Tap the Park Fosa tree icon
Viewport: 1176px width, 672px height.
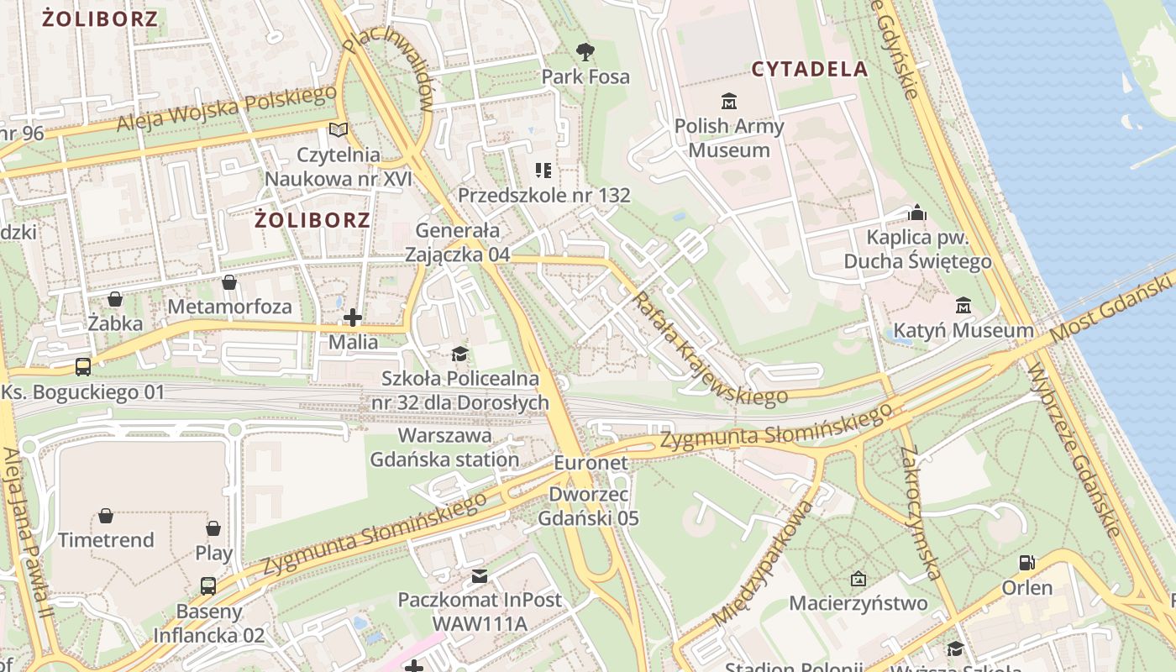(585, 52)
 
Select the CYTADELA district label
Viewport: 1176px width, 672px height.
(809, 69)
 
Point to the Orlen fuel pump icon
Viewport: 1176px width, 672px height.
(1026, 563)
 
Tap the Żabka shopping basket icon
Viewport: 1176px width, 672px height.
(115, 299)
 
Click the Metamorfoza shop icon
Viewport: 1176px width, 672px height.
(228, 282)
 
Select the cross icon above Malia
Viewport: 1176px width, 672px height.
(353, 318)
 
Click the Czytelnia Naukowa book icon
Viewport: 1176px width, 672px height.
(339, 130)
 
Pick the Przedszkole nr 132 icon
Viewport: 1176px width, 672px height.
(543, 171)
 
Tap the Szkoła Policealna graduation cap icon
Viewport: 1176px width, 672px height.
(459, 354)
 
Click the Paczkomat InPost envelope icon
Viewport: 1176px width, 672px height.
(479, 576)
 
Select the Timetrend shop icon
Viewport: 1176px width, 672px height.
(106, 516)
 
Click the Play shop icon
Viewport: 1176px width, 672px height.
(213, 528)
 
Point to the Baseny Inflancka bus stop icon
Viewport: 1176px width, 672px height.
(207, 586)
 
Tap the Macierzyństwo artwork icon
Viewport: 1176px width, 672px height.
(858, 579)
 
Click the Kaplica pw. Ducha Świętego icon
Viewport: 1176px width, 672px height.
(917, 213)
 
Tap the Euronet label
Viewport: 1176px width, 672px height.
(591, 463)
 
